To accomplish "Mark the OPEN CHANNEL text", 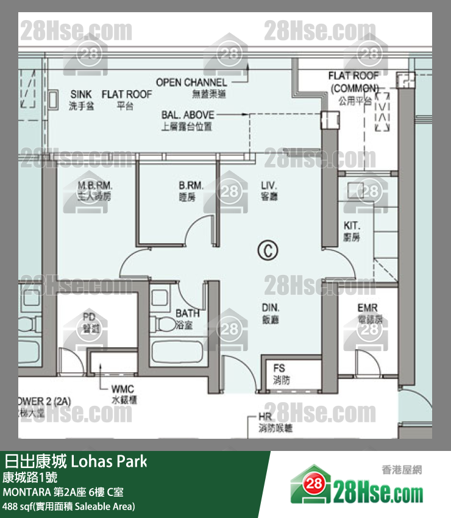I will (x=191, y=82).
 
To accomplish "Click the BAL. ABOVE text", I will (x=188, y=115).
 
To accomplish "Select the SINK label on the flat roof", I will (x=81, y=94).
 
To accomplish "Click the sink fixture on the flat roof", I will (x=53, y=99).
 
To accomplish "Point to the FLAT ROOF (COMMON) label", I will (x=353, y=82).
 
